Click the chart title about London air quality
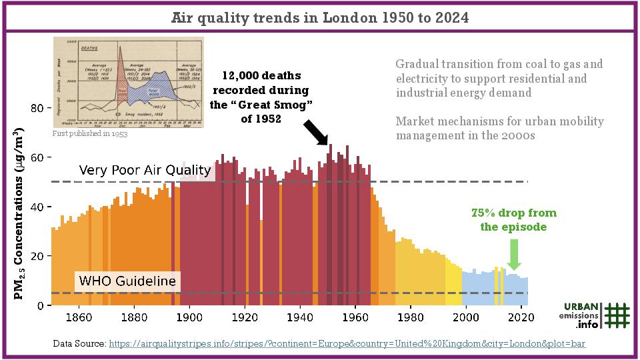coord(320,17)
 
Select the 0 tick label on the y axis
coord(41,305)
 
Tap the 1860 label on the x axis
coord(79,317)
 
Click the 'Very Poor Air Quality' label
coord(145,170)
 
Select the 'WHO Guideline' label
coord(127,281)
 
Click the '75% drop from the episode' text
coord(513,220)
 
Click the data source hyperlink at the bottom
coord(347,343)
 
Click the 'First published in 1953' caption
coord(89,133)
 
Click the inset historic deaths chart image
coord(128,82)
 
